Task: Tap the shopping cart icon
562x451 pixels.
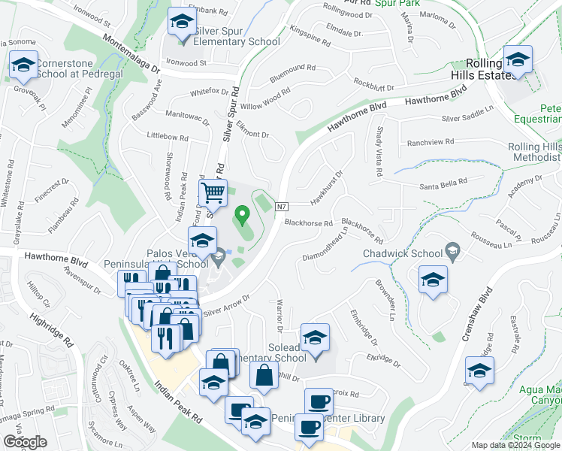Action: pos(213,193)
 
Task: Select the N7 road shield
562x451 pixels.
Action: pos(282,207)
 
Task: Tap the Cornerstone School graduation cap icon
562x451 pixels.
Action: pos(23,66)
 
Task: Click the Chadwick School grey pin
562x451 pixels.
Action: pos(452,249)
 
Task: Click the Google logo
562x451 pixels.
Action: pos(26,442)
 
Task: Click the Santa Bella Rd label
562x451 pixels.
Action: pos(443,180)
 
